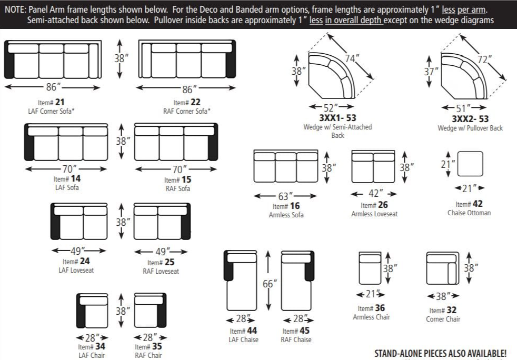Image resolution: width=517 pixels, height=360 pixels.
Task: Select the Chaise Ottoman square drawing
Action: click(470, 164)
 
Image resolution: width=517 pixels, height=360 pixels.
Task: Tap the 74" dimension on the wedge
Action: click(352, 59)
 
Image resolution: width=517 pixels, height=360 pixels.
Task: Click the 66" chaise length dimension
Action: click(269, 284)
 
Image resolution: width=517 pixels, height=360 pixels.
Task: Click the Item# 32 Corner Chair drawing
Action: click(442, 268)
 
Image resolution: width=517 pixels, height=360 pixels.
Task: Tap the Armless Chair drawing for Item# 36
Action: click(370, 268)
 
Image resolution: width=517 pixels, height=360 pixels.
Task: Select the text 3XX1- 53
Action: click(337, 118)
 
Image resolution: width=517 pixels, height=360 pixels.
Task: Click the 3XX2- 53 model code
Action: click(470, 119)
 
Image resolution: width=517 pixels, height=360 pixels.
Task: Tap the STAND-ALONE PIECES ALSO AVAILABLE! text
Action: click(440, 353)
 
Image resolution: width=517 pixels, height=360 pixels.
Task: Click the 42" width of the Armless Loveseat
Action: click(374, 194)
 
